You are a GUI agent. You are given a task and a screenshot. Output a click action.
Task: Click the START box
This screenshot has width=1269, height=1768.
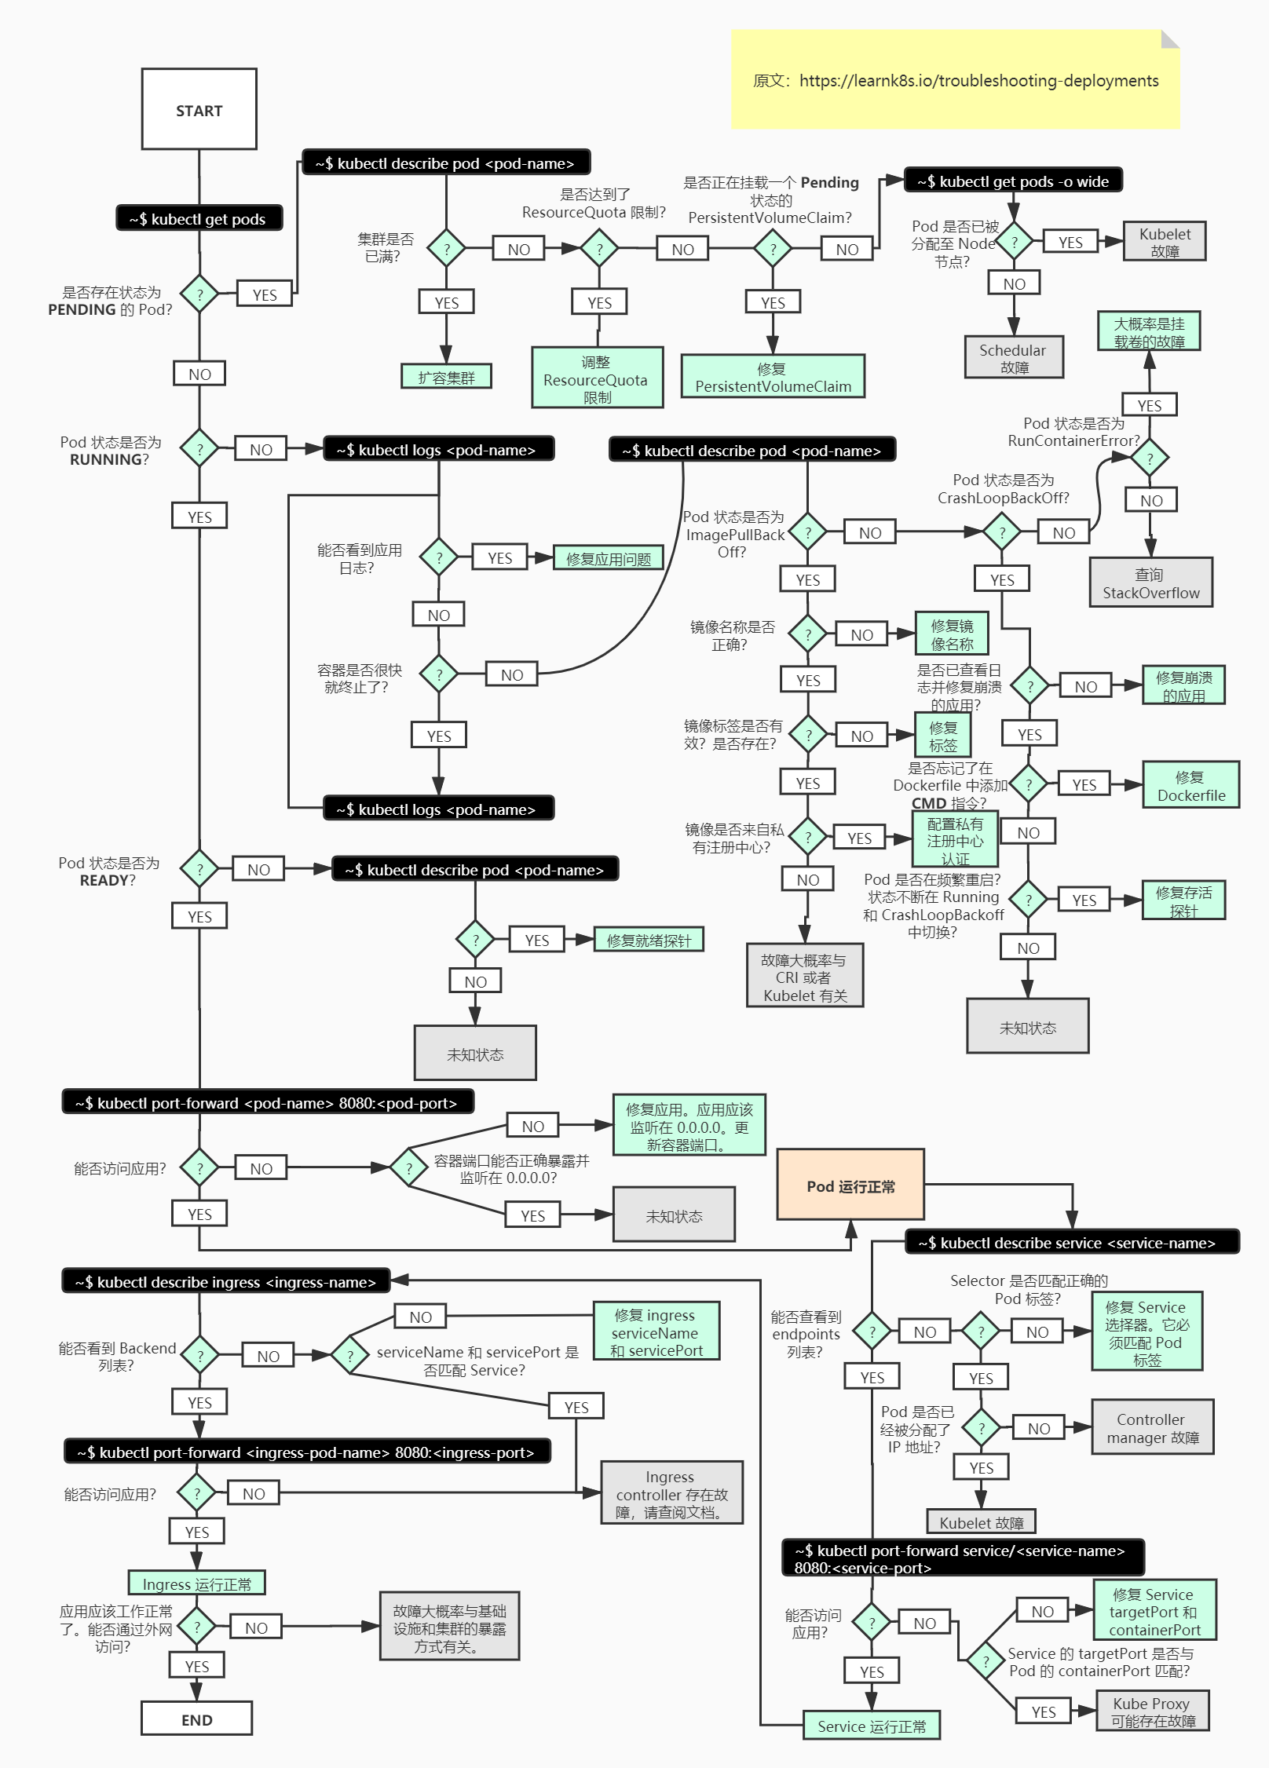point(199,109)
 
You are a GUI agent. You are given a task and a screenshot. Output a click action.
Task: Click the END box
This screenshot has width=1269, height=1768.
point(196,1718)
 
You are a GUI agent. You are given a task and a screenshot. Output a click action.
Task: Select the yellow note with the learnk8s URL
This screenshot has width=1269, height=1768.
point(955,80)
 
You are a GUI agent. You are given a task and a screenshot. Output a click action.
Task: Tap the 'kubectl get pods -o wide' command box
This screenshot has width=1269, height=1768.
point(1013,181)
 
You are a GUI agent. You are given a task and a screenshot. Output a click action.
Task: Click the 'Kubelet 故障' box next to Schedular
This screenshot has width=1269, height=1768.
point(1165,242)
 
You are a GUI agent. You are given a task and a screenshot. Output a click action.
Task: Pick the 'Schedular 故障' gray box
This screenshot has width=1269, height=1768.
point(1013,358)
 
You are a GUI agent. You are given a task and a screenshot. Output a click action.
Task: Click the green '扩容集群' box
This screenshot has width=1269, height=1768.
point(446,377)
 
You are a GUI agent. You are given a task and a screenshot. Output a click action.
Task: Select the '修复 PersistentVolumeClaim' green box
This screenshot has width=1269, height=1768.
point(773,377)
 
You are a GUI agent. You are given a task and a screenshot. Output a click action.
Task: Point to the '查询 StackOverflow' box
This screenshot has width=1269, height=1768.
point(1150,583)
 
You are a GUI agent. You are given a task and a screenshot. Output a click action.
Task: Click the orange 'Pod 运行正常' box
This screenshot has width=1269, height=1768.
point(850,1185)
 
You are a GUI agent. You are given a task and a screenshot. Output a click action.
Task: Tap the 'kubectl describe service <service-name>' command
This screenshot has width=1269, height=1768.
point(1071,1242)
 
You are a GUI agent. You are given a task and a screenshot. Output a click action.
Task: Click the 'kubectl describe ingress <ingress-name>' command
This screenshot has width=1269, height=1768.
point(225,1281)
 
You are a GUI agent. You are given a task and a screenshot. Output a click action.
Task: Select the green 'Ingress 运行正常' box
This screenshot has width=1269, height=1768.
point(196,1584)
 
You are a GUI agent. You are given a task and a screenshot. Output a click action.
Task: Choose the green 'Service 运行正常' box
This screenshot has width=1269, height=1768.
point(872,1726)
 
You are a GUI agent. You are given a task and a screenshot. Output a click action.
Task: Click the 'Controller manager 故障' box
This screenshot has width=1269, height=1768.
point(1152,1427)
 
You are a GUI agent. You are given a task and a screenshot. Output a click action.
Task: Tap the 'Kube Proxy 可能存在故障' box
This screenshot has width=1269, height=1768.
point(1152,1711)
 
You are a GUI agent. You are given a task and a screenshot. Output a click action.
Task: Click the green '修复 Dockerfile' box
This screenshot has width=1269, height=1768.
point(1190,785)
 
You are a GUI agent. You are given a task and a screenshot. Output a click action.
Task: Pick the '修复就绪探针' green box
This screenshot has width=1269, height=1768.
point(649,940)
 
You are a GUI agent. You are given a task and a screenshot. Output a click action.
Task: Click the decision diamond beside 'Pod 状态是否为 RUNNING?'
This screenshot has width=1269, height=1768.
point(199,449)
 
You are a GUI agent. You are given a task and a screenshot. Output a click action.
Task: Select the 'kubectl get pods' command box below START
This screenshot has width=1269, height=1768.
point(199,218)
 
